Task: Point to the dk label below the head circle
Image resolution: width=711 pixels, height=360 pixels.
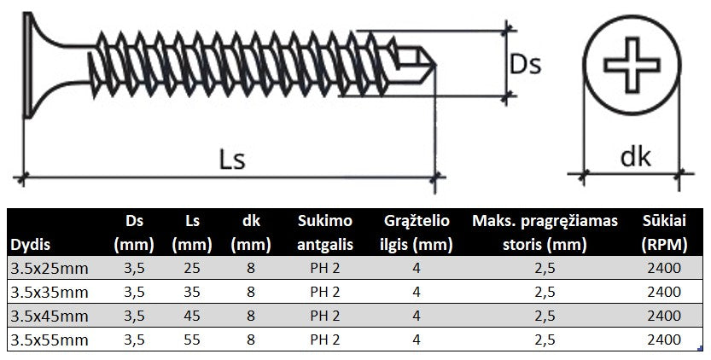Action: point(634,157)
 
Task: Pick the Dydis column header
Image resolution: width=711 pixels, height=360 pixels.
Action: point(30,245)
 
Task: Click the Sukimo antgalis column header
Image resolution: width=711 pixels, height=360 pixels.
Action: point(325,233)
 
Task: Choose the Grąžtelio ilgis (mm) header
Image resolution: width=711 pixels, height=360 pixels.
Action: point(415,233)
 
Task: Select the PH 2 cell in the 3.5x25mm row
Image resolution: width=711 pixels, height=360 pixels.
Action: point(325,268)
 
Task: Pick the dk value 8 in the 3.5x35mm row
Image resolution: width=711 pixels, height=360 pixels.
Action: point(250,292)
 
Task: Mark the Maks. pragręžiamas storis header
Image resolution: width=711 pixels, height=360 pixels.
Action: point(545,233)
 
